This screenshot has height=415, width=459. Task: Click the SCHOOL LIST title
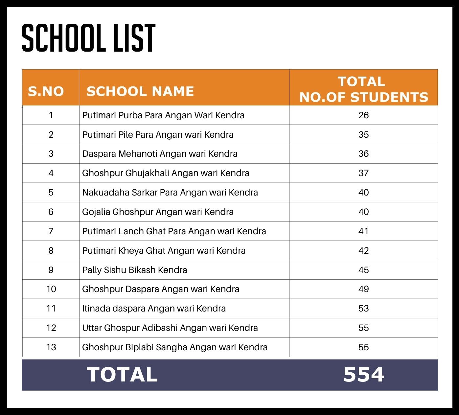pyautogui.click(x=88, y=38)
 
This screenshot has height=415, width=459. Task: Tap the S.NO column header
pyautogui.click(x=46, y=91)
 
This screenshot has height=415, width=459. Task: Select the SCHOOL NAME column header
pyautogui.click(x=140, y=91)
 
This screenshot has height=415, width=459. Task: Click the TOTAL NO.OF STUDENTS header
pyautogui.click(x=363, y=89)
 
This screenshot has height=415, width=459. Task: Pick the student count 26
pyautogui.click(x=363, y=115)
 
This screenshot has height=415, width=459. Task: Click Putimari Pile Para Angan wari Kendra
pyautogui.click(x=158, y=135)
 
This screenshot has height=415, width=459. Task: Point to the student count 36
pyautogui.click(x=363, y=154)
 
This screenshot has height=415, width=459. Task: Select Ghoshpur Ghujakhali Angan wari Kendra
pyautogui.click(x=166, y=173)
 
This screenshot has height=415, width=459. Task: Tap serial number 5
pyautogui.click(x=51, y=193)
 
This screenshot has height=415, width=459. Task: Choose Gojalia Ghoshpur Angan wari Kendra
pyautogui.click(x=158, y=212)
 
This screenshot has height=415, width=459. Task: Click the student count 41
pyautogui.click(x=363, y=231)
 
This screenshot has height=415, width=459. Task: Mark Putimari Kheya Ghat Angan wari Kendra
pyautogui.click(x=164, y=251)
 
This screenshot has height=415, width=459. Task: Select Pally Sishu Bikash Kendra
pyautogui.click(x=134, y=270)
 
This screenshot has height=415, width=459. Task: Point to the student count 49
pyautogui.click(x=363, y=289)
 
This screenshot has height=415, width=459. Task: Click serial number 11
pyautogui.click(x=51, y=309)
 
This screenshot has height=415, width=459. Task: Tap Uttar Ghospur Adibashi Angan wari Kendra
pyautogui.click(x=170, y=328)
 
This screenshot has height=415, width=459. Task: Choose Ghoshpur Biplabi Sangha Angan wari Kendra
pyautogui.click(x=174, y=347)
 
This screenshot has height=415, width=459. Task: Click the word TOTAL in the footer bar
pyautogui.click(x=122, y=375)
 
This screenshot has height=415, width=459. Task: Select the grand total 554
pyautogui.click(x=363, y=375)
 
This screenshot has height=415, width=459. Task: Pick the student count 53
pyautogui.click(x=363, y=309)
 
